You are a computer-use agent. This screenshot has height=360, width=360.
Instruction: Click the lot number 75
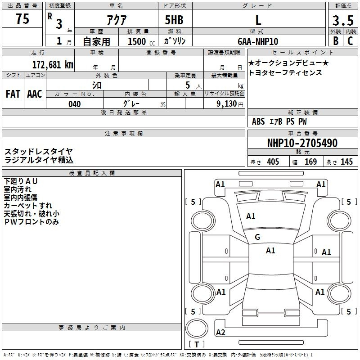pos(22,18)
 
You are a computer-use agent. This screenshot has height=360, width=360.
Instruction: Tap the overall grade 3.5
pos(343,20)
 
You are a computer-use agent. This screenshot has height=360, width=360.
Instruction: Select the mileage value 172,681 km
pos(53,64)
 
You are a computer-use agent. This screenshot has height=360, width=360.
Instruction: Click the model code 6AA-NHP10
pos(258,41)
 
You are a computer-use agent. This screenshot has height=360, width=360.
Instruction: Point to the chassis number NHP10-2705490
pos(302,143)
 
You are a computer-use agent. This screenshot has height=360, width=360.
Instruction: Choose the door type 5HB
pos(174,20)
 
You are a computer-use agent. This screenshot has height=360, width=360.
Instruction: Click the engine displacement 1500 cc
pos(141,41)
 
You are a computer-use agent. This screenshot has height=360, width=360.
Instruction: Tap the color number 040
pos(75,104)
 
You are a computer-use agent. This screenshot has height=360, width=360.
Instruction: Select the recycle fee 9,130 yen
pos(230,104)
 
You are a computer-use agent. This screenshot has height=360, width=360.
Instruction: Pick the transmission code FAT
pos(13,94)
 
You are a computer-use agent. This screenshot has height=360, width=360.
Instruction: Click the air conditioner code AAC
pos(35,94)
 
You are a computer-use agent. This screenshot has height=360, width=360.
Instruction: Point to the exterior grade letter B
pos(336,41)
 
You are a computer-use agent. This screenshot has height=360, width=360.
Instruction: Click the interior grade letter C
pos(350,41)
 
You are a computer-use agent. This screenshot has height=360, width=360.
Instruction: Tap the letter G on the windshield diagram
pos(257,237)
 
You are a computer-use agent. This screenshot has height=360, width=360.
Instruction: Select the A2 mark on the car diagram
pos(220,332)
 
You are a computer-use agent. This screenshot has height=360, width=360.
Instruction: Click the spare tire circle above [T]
pos(197,328)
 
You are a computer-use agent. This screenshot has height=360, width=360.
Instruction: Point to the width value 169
pos(310,162)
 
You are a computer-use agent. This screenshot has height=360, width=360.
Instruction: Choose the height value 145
pos(346,162)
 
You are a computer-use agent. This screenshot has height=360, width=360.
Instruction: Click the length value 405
pos(273,162)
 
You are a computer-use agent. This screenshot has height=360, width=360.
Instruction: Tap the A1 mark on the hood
pos(251,216)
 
